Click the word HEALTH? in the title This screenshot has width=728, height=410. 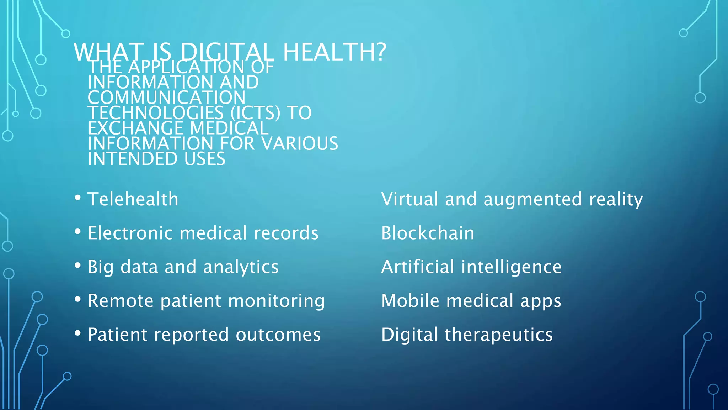pyautogui.click(x=334, y=52)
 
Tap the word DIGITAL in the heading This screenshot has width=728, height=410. pyautogui.click(x=227, y=52)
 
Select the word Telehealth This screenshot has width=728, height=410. pyautogui.click(x=133, y=199)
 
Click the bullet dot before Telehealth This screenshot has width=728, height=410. pyautogui.click(x=78, y=198)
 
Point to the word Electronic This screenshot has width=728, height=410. pyautogui.click(x=130, y=233)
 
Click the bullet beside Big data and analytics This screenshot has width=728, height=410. pyautogui.click(x=78, y=265)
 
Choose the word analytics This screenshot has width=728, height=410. pyautogui.click(x=241, y=267)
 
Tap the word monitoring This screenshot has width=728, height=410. pyautogui.click(x=276, y=301)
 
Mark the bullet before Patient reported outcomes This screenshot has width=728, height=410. pyautogui.click(x=78, y=333)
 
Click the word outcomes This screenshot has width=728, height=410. pyautogui.click(x=278, y=335)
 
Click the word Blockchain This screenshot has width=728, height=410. pyautogui.click(x=428, y=233)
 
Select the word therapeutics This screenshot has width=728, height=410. pyautogui.click(x=498, y=335)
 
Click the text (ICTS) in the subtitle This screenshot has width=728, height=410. pyautogui.click(x=255, y=113)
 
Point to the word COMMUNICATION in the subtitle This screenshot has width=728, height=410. pyautogui.click(x=166, y=98)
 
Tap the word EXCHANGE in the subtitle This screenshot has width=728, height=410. pyautogui.click(x=135, y=128)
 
